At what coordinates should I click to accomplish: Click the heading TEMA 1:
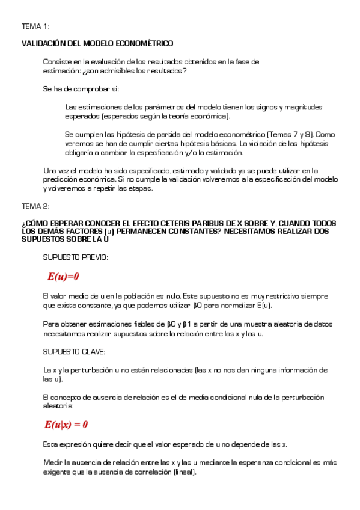[35, 27]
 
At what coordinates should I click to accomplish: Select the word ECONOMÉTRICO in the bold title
[147, 44]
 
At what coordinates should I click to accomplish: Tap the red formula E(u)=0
[63, 277]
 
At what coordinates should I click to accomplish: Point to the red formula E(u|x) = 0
[66, 425]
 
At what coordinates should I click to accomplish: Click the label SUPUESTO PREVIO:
[76, 257]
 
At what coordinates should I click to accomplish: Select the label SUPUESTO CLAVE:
[73, 351]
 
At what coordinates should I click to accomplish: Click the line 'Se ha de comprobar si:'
[81, 89]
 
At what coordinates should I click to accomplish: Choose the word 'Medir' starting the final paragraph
[52, 463]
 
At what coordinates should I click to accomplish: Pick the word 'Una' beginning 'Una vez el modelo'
[50, 170]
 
